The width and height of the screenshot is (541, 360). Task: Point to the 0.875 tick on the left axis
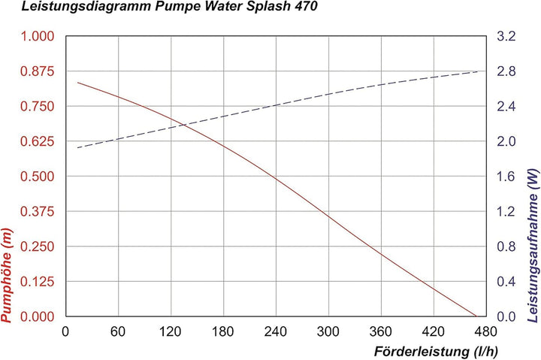coord(39,71)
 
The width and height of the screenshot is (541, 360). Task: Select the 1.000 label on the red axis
coord(39,36)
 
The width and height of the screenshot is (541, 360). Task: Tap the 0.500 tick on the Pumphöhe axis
coord(39,177)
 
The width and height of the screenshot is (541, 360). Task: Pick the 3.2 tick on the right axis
coord(508,36)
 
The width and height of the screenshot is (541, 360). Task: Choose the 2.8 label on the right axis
coord(508,71)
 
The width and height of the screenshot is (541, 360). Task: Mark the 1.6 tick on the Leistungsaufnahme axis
coord(508,177)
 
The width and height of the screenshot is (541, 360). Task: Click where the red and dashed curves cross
coord(178,123)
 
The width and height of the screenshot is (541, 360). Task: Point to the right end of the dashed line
coord(479,71)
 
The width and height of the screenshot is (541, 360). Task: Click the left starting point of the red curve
coord(77,82)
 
